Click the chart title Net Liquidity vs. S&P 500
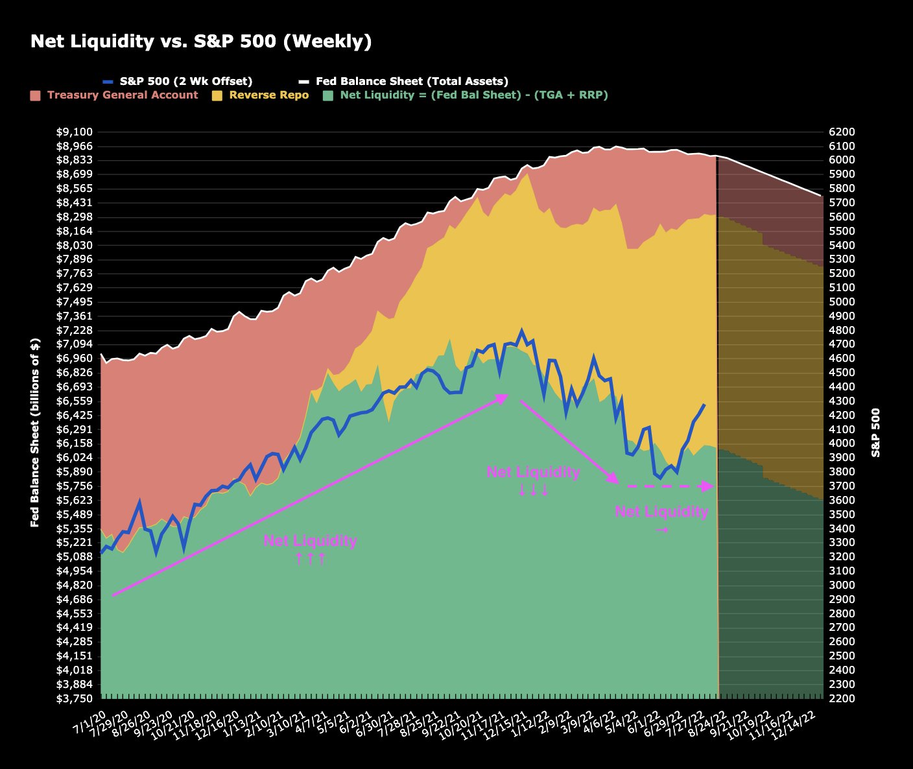(x=201, y=41)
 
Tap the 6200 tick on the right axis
(x=842, y=132)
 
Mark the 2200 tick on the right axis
(x=842, y=698)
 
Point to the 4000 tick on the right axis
(x=842, y=444)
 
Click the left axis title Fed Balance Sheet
(x=35, y=432)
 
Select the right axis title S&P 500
(x=876, y=432)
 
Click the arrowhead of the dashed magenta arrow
(x=708, y=486)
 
